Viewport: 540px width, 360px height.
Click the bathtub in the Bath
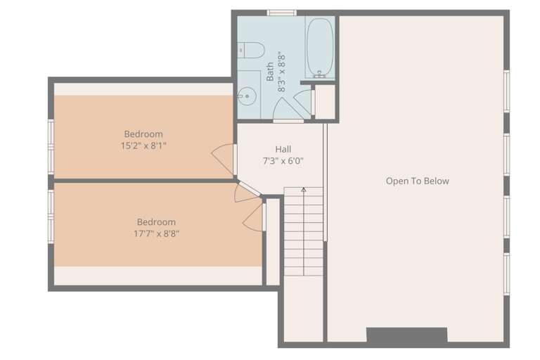320,47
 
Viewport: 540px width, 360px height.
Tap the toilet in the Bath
251,51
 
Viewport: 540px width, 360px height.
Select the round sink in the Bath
247,96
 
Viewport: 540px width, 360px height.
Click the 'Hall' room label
283,149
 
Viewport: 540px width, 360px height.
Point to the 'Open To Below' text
418,181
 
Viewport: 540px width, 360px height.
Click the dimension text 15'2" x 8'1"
143,146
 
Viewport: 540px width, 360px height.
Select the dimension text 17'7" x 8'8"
156,233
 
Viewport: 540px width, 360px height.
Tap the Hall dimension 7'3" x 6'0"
283,161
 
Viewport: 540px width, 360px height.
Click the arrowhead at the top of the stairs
304,189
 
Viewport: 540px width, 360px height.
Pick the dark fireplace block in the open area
406,335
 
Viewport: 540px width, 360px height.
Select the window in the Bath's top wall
282,13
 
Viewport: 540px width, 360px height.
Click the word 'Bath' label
270,72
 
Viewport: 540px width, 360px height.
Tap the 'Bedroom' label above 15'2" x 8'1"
143,134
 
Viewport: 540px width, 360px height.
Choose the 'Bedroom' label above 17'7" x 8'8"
156,222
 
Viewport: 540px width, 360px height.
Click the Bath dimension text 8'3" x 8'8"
281,72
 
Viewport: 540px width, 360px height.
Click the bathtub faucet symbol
320,74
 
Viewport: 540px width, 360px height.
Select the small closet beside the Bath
325,102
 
